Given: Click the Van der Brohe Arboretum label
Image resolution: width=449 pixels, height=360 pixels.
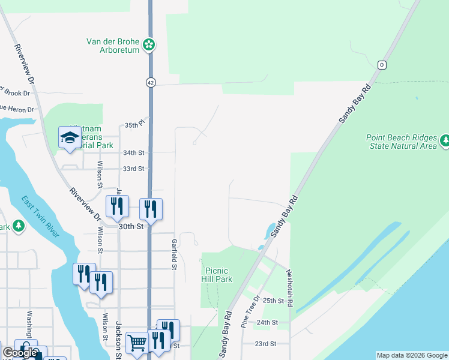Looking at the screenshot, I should pos(113,46).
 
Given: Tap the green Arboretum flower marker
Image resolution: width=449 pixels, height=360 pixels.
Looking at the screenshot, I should pos(149,44).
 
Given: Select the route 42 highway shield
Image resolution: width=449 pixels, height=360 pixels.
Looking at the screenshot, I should pos(150,82).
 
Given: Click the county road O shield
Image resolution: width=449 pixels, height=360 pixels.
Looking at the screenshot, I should pos(381,65).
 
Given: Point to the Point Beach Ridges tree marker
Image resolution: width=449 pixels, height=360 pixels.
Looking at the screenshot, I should pos(445,140).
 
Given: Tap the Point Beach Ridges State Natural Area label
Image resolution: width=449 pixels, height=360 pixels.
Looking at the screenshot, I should pos(402,142).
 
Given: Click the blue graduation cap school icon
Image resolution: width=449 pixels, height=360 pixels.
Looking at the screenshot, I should pos(70,137).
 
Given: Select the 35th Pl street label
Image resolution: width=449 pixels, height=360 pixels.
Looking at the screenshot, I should pos(131,125).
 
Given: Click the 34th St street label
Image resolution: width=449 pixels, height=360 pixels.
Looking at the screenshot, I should pos(134,153).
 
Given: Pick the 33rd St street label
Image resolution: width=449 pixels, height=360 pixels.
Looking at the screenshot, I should pos(134,169).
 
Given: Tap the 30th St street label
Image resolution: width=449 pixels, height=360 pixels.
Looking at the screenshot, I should pos(131,227).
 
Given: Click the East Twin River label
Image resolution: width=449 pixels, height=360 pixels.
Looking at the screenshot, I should pos(40,216).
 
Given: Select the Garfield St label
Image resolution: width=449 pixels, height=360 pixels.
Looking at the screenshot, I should pos(173,254).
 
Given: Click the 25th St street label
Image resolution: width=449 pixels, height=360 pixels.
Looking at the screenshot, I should pos(273,301).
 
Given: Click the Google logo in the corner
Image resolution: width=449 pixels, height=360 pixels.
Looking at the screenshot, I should pos(19,353).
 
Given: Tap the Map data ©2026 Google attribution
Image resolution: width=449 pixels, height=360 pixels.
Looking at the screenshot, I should pos(412,355).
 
